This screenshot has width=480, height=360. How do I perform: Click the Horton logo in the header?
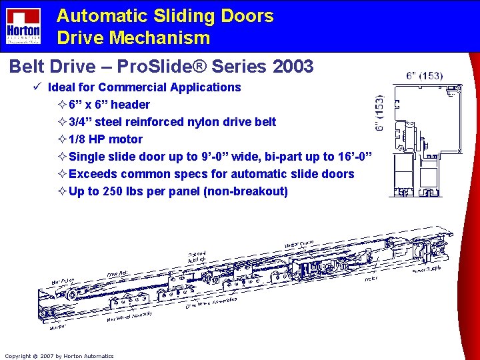[23, 26]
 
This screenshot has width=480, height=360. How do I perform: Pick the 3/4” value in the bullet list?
[82, 122]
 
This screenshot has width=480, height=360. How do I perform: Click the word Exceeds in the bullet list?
[93, 174]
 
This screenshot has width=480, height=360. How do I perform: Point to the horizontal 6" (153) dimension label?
[424, 75]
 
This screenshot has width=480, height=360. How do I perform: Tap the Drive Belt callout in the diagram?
[118, 273]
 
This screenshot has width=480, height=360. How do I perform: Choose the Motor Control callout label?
[299, 245]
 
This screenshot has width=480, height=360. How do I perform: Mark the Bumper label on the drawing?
[57, 327]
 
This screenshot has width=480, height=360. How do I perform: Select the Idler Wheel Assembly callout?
[129, 315]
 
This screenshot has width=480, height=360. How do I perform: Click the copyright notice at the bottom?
[59, 356]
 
